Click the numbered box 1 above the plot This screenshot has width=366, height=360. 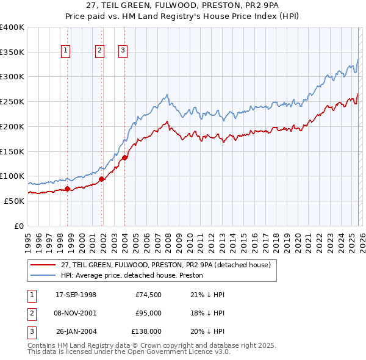click(x=65, y=51)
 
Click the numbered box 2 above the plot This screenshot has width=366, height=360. click(x=99, y=51)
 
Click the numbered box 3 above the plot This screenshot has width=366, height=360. click(x=123, y=51)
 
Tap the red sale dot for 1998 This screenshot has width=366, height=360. click(x=67, y=189)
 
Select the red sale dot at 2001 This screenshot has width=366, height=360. click(x=101, y=179)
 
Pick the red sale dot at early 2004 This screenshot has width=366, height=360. click(x=124, y=157)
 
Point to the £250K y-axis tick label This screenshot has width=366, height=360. click(x=12, y=102)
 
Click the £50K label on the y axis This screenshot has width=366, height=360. click(x=15, y=201)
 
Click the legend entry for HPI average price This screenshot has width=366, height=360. click(x=132, y=275)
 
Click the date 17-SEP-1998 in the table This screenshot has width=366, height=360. click(x=76, y=295)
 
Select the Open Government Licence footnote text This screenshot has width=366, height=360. click(x=129, y=352)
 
